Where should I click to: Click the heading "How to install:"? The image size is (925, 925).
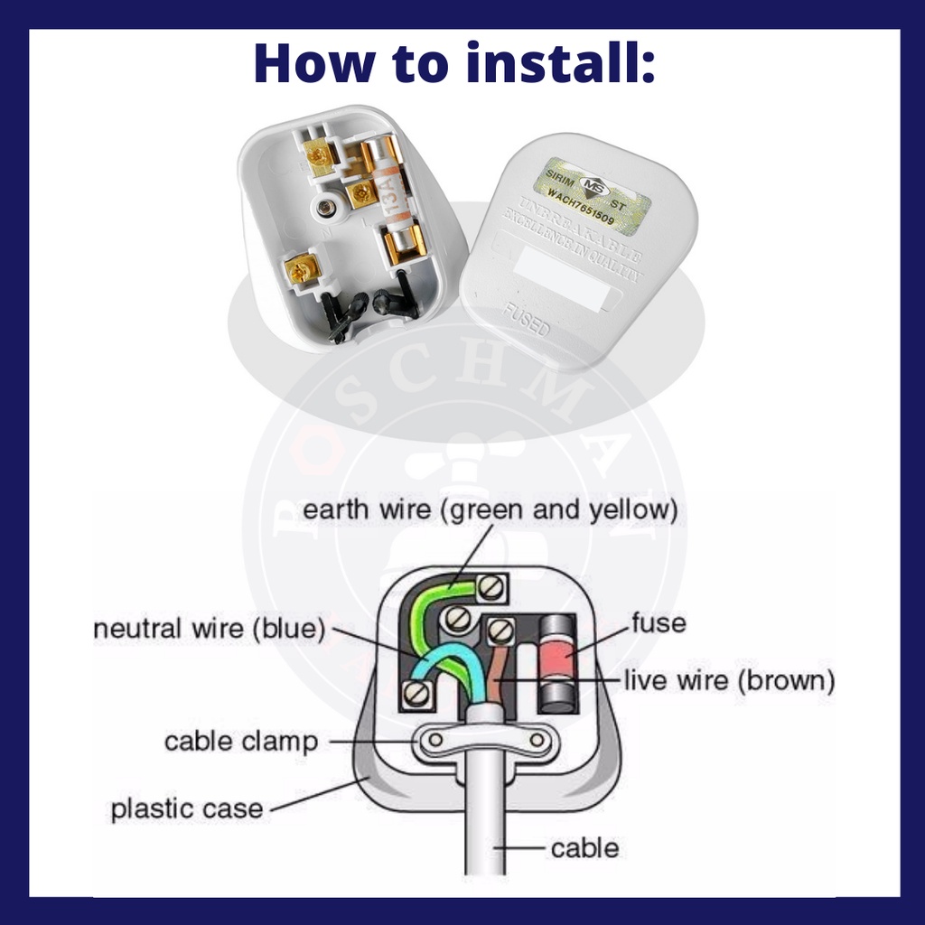click(454, 64)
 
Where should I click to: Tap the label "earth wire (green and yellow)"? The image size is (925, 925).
click(490, 510)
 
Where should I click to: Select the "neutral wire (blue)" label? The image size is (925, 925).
click(209, 629)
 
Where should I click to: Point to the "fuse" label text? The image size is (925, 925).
click(659, 622)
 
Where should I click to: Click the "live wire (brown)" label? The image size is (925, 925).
click(729, 680)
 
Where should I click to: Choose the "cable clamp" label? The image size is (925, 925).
click(241, 743)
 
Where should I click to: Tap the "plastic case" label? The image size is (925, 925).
click(187, 808)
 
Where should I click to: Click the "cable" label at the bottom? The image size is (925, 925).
click(584, 848)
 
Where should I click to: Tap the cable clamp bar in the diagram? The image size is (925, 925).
click(485, 741)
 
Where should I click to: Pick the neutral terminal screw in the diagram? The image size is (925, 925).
click(416, 693)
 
